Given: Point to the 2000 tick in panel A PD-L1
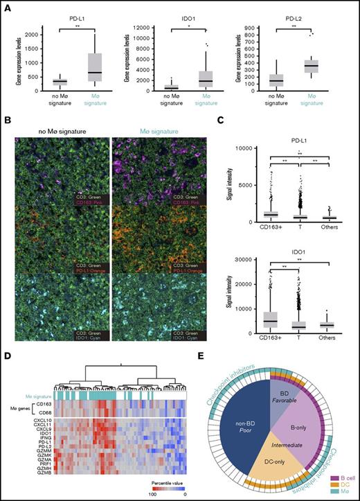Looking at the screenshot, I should [26, 33].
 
